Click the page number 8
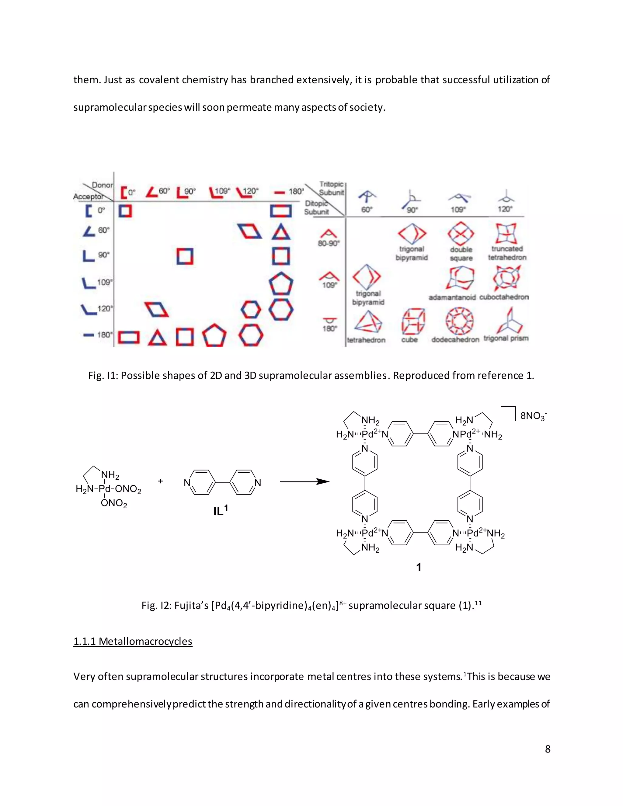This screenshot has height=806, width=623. point(547,749)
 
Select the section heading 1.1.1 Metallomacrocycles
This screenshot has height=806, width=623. point(133,641)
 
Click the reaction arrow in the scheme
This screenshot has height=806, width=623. point(304,481)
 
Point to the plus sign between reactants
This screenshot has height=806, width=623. point(161,481)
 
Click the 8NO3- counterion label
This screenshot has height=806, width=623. point(533,416)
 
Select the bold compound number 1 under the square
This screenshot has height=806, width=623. point(419,567)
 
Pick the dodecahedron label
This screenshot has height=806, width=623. point(455,339)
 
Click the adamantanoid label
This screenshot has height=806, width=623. point(452,297)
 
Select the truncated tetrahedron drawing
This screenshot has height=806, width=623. point(506,234)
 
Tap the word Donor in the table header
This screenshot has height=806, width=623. point(102,185)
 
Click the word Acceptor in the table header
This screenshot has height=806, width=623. point(88,197)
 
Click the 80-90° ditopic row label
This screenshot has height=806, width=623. point(329,243)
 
